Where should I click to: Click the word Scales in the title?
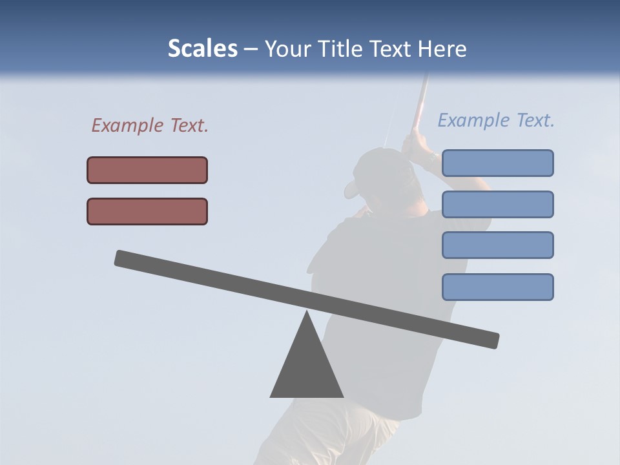202,49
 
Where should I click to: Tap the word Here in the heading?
442,49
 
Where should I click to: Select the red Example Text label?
150,125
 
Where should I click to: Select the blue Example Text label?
496,120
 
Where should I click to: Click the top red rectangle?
147,170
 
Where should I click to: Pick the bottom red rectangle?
147,211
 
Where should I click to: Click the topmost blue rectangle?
497,163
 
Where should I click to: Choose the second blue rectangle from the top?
497,204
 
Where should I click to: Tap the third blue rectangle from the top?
497,245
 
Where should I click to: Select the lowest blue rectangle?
497,287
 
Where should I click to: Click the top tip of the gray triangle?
307,313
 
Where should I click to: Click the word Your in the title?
287,49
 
